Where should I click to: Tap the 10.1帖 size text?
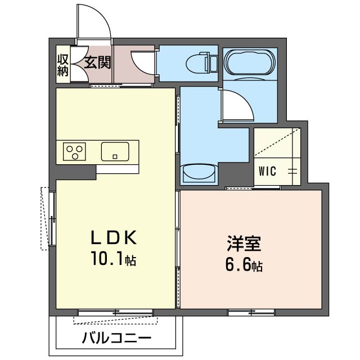115,260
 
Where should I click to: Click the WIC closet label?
267,172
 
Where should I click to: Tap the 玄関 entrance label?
98,62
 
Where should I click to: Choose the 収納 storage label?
62,65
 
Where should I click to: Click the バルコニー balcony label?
116,339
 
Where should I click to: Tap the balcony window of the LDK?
115,311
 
